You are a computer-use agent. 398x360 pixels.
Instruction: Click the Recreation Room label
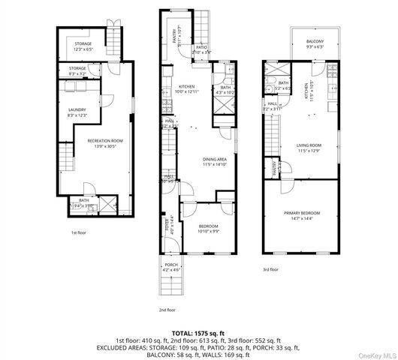[x=105, y=142]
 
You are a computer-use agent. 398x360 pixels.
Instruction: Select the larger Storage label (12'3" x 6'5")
[x=83, y=46]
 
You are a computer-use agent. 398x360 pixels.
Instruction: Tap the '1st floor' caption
[x=80, y=232]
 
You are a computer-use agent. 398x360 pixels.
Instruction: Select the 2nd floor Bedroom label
[x=208, y=229]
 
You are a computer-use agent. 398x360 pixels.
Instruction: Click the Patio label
[x=201, y=49]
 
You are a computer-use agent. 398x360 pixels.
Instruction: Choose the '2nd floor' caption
[x=167, y=309]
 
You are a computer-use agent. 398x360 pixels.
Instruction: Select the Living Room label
[x=309, y=148]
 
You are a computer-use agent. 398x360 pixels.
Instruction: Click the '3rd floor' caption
[x=270, y=269]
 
